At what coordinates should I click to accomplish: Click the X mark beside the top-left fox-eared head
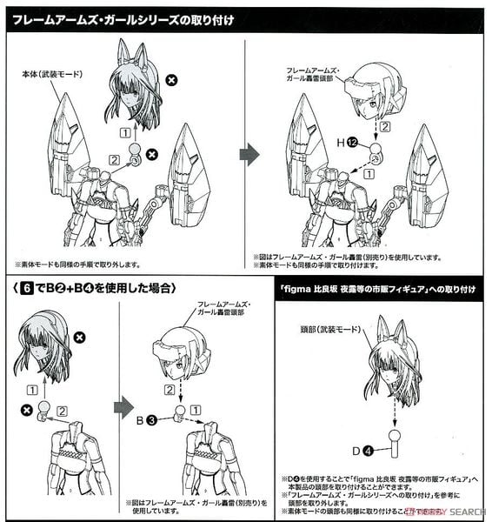[x=171, y=81]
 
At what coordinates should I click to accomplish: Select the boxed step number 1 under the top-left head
[x=126, y=131]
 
